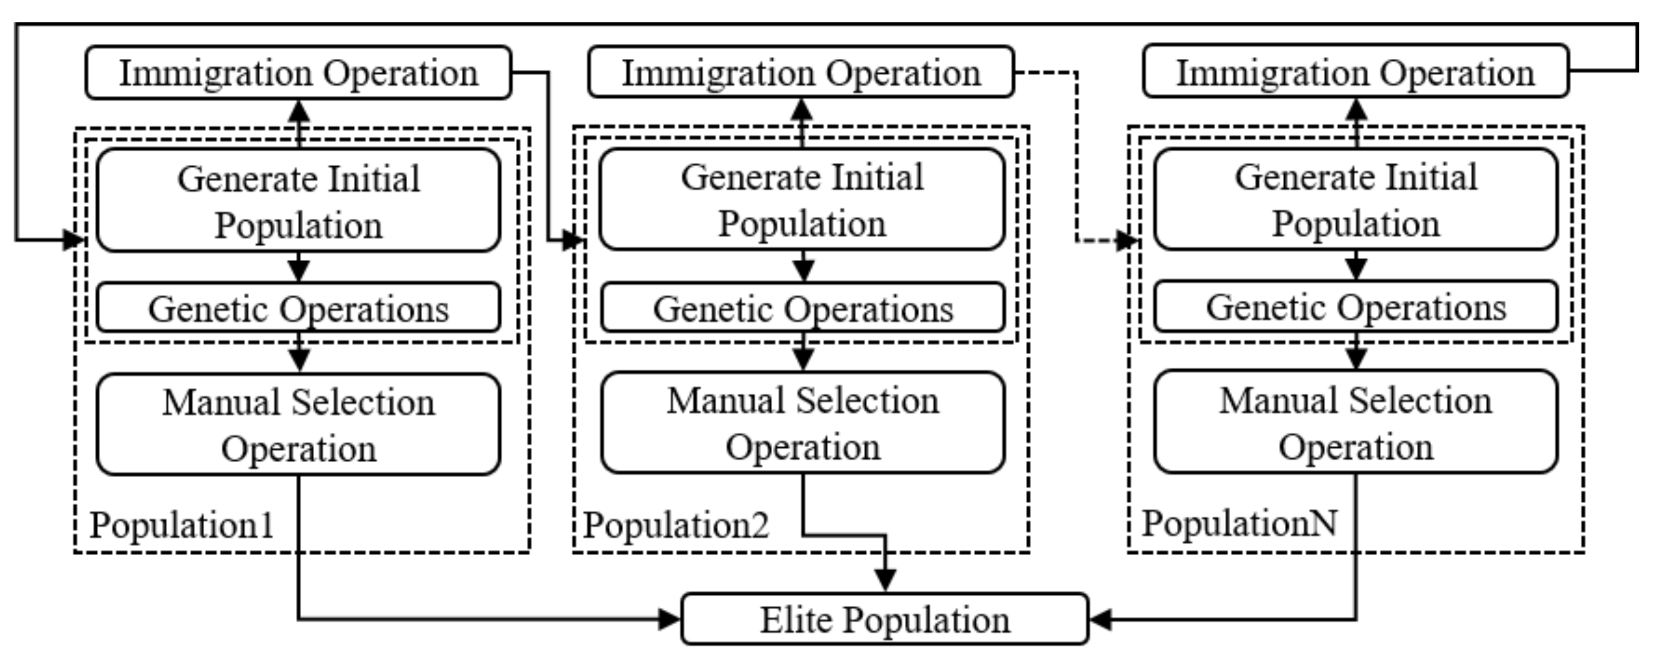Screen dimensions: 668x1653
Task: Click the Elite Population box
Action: tap(884, 619)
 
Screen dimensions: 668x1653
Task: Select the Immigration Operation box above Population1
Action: tap(298, 72)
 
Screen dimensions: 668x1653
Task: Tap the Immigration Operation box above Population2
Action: tap(801, 72)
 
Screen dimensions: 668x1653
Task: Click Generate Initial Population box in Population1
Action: tap(298, 201)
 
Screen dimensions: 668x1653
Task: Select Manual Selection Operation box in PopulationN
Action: tap(1355, 422)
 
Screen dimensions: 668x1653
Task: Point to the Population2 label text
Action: tap(675, 525)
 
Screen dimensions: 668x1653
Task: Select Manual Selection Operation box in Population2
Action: tap(803, 423)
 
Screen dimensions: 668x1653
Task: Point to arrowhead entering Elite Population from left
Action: tap(669, 619)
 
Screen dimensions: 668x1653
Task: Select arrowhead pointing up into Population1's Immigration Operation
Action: tap(298, 112)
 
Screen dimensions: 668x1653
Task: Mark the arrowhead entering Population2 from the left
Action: tap(573, 241)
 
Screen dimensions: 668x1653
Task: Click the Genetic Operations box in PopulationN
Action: tap(1355, 307)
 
